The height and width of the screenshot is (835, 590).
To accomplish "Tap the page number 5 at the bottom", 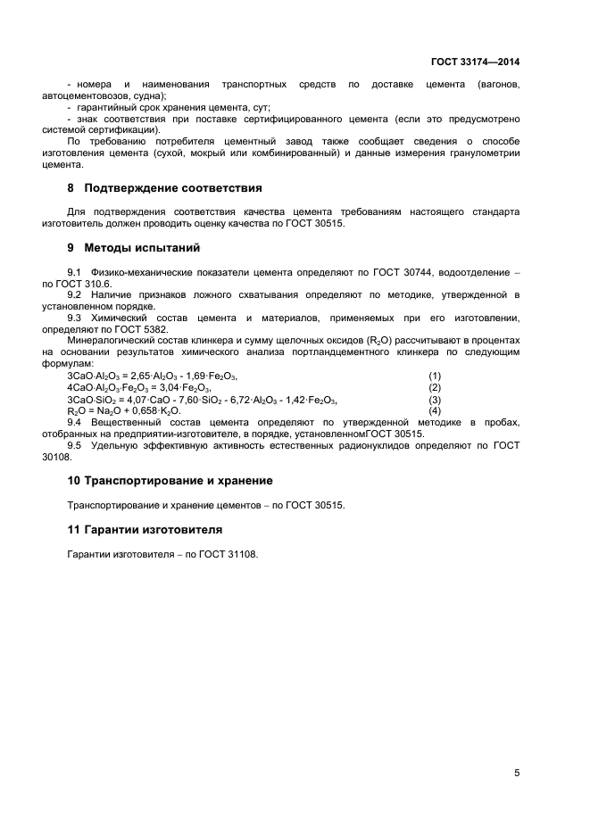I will pos(517,773).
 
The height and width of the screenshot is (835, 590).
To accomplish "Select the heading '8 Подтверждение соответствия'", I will pos(165,188).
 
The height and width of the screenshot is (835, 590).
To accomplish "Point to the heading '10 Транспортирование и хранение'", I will pos(170,480).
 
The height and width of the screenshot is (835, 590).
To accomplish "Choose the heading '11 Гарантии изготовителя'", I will pos(145,530).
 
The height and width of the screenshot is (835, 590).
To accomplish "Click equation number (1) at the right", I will pos(435,376).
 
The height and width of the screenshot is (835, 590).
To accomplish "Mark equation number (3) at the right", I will pos(435,399).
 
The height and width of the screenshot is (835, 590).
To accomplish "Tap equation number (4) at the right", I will pos(435,410).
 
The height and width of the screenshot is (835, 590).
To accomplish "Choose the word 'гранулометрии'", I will pos(486,153).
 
